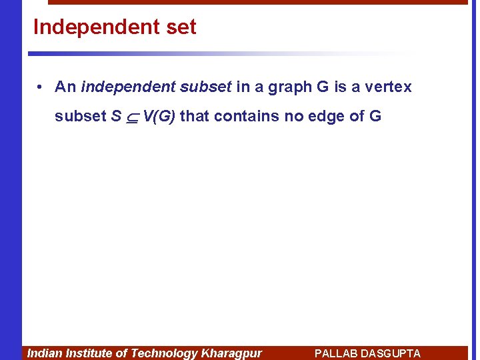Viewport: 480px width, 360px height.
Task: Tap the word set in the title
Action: [179, 27]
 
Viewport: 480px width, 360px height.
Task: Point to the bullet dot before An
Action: [41, 87]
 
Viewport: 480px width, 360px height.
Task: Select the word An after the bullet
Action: [65, 87]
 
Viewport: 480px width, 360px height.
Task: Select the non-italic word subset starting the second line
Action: [80, 116]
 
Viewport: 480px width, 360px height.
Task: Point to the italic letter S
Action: [116, 116]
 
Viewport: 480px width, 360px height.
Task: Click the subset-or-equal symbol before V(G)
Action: [132, 117]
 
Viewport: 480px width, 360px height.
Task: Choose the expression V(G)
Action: [159, 117]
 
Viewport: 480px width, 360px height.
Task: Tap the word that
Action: [195, 116]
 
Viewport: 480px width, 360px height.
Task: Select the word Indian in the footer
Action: [44, 353]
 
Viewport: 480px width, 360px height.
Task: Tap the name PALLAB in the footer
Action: [336, 353]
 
